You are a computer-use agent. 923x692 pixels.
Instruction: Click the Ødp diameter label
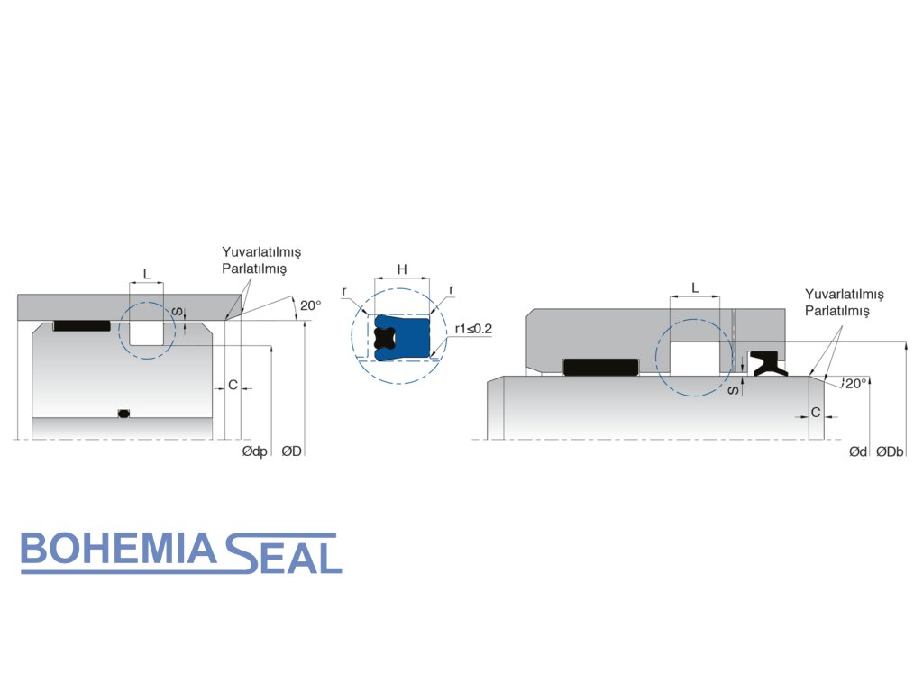pos(255,451)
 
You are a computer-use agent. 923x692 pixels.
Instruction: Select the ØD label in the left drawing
pos(291,451)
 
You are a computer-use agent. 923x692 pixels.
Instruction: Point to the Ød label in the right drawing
pos(857,451)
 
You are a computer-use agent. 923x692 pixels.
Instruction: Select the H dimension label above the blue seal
pos(402,269)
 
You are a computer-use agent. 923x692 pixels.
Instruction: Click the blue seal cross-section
pos(410,338)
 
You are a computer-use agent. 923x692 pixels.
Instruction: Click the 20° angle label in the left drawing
pos(310,306)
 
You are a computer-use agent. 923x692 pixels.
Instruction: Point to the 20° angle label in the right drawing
pos(855,383)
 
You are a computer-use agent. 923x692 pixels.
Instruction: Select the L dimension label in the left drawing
pos(147,272)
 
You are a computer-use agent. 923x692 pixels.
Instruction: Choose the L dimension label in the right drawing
pos(694,287)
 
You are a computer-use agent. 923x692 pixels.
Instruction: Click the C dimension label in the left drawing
pos(233,386)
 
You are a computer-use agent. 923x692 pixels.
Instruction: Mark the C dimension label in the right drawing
pos(816,413)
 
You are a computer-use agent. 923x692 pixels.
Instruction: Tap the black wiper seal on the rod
pos(768,362)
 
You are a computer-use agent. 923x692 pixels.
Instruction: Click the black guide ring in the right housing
pos(599,367)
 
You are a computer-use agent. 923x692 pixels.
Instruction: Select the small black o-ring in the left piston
pos(124,414)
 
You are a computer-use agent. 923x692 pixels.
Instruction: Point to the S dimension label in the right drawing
pos(734,389)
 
